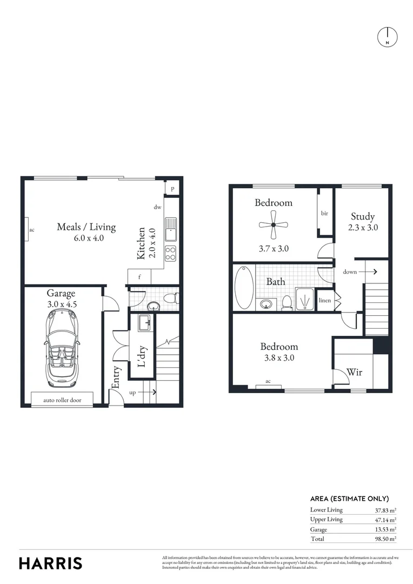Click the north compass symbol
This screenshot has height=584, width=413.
(387, 36)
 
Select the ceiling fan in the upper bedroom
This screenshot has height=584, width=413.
(274, 224)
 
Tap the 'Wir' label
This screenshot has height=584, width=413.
(354, 372)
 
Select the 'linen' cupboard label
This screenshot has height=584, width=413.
(325, 300)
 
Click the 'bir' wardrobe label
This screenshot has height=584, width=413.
(324, 214)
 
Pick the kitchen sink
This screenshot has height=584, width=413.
(171, 228)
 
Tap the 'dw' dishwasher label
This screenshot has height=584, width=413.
(157, 207)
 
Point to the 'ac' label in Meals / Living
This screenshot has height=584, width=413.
(31, 230)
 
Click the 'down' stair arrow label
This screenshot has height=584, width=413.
(350, 271)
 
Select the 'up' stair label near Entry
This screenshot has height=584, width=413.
(132, 393)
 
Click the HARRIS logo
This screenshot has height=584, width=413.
(51, 563)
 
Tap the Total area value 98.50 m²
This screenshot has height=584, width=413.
(385, 539)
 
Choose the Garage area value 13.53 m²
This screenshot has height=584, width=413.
(385, 529)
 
